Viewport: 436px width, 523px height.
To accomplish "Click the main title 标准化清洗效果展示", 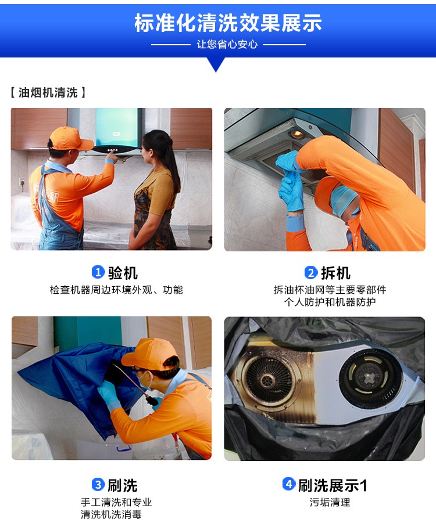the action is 228,23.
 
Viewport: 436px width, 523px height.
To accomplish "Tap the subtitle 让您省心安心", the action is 227,44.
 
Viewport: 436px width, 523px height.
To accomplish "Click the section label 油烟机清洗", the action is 48,92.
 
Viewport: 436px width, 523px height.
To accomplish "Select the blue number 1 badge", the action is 98,272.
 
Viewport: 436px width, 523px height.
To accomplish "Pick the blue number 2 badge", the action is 310,272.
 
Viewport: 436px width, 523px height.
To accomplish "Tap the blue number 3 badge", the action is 98,484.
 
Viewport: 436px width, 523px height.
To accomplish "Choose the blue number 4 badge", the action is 289,484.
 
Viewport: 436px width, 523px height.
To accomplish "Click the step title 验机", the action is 123,273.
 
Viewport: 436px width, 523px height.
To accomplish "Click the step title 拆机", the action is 335,273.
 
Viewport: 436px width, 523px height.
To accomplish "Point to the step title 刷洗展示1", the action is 333,485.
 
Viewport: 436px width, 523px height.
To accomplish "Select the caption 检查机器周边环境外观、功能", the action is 116,290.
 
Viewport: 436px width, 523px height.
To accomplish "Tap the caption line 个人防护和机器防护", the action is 330,302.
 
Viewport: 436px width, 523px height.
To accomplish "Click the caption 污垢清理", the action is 330,502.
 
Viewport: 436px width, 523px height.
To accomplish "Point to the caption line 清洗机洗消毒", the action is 111,514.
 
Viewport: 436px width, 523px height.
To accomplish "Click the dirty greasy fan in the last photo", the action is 268,380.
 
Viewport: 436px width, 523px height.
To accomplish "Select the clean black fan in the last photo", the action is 370,378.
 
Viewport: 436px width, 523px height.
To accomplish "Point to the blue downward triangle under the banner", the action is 216,64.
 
